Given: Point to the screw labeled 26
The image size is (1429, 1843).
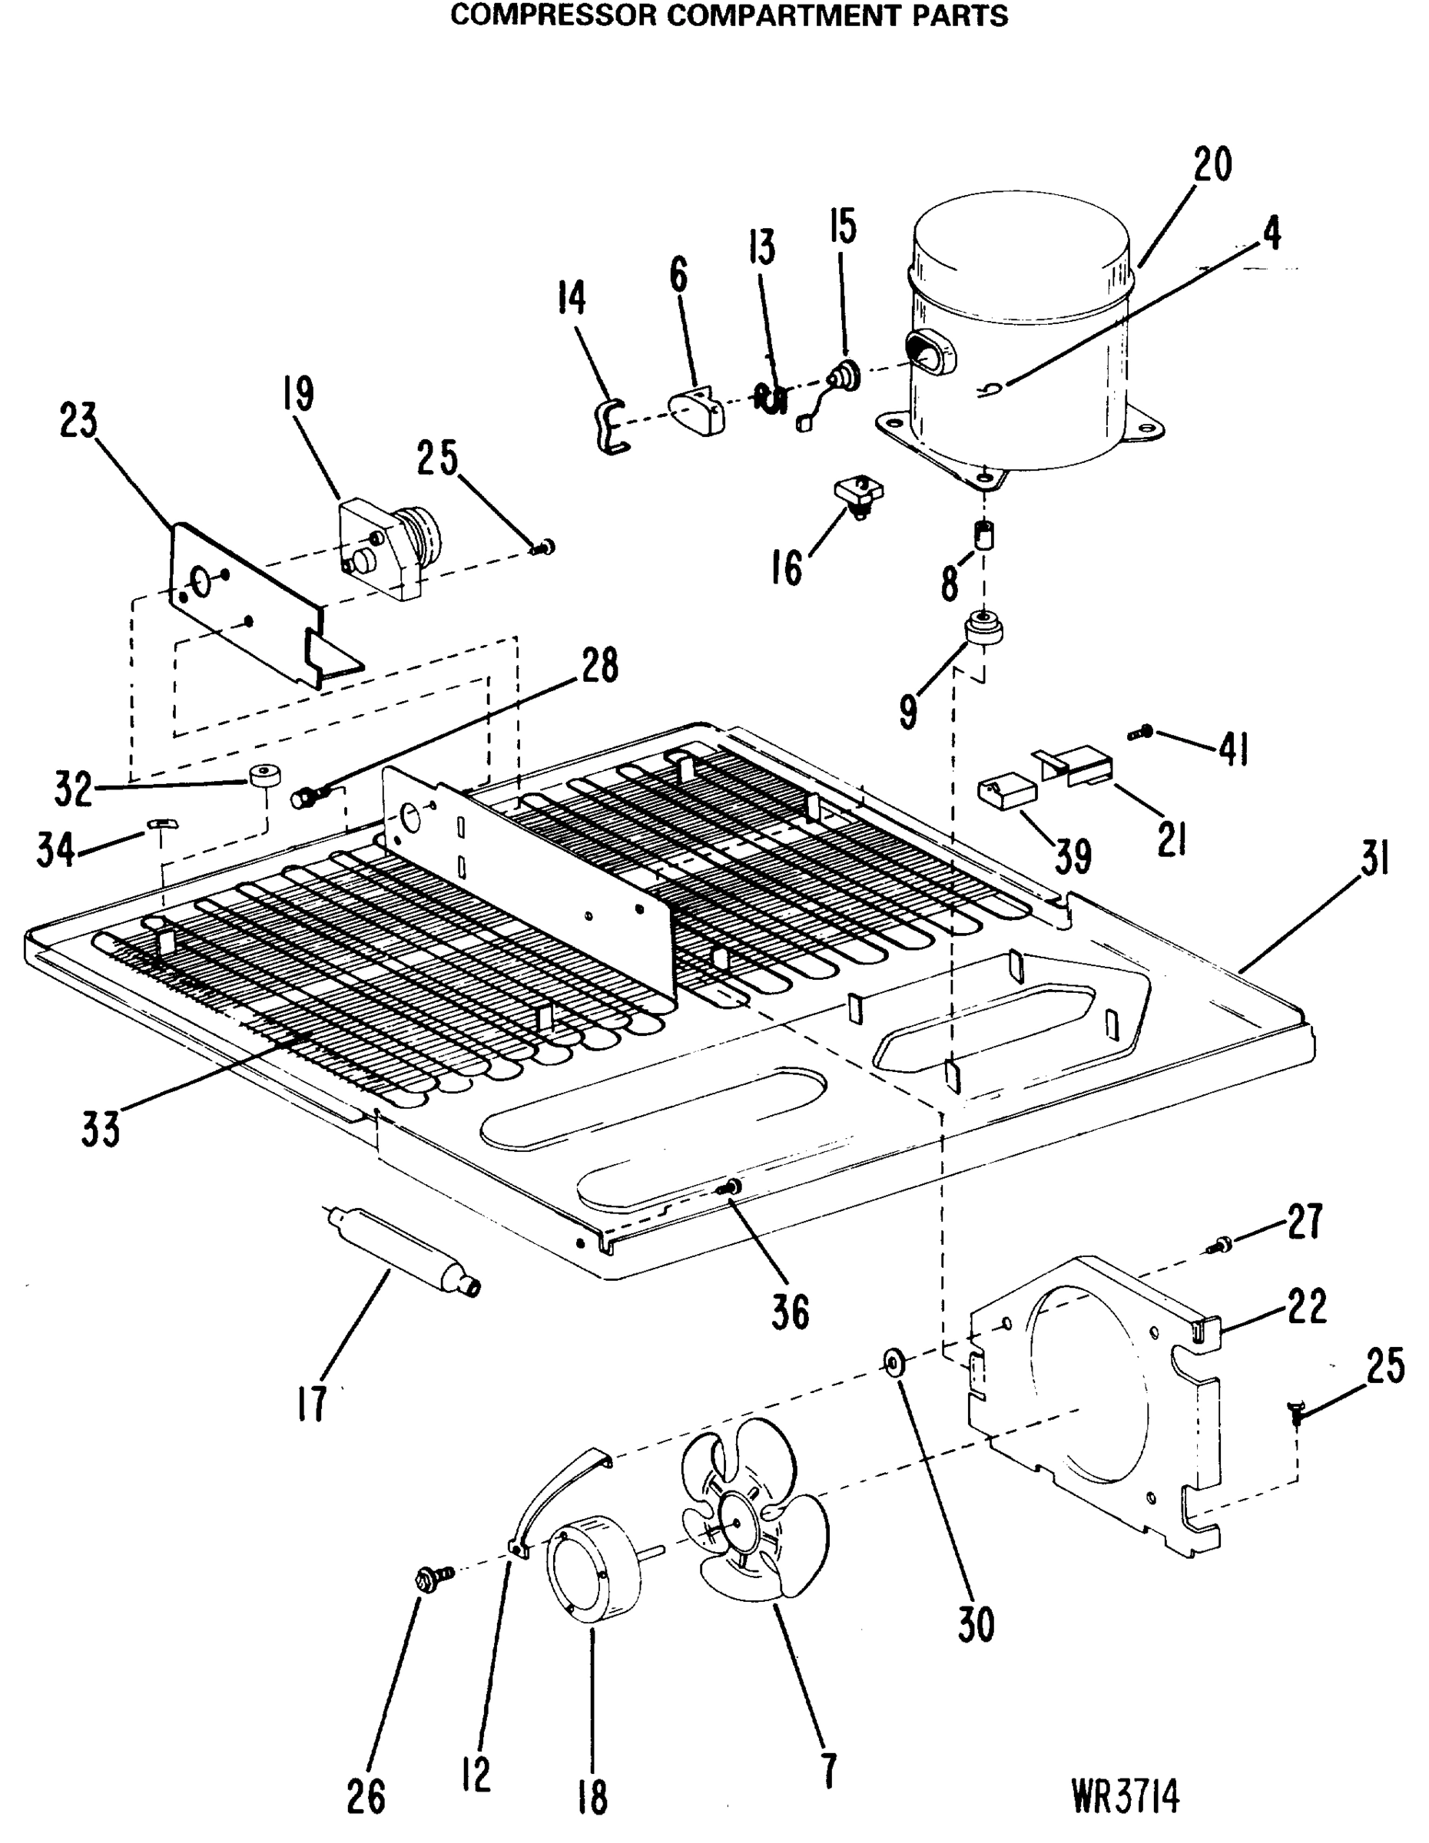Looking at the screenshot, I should click(427, 1577).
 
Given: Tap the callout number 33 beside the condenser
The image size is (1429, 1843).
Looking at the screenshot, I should click(101, 1129).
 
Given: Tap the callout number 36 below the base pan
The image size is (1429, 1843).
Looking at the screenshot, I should click(789, 1312).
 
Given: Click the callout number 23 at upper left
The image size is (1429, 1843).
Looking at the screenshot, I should click(78, 420).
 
